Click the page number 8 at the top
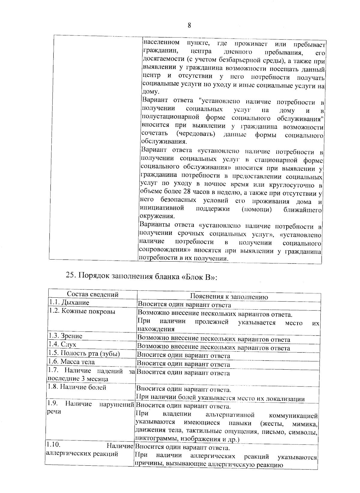189,25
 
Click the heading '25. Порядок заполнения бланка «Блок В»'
141,276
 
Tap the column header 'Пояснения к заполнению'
229,297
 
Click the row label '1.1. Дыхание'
69,302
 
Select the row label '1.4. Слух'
62,344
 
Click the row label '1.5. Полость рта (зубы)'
84,353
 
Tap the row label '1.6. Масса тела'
71,362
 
